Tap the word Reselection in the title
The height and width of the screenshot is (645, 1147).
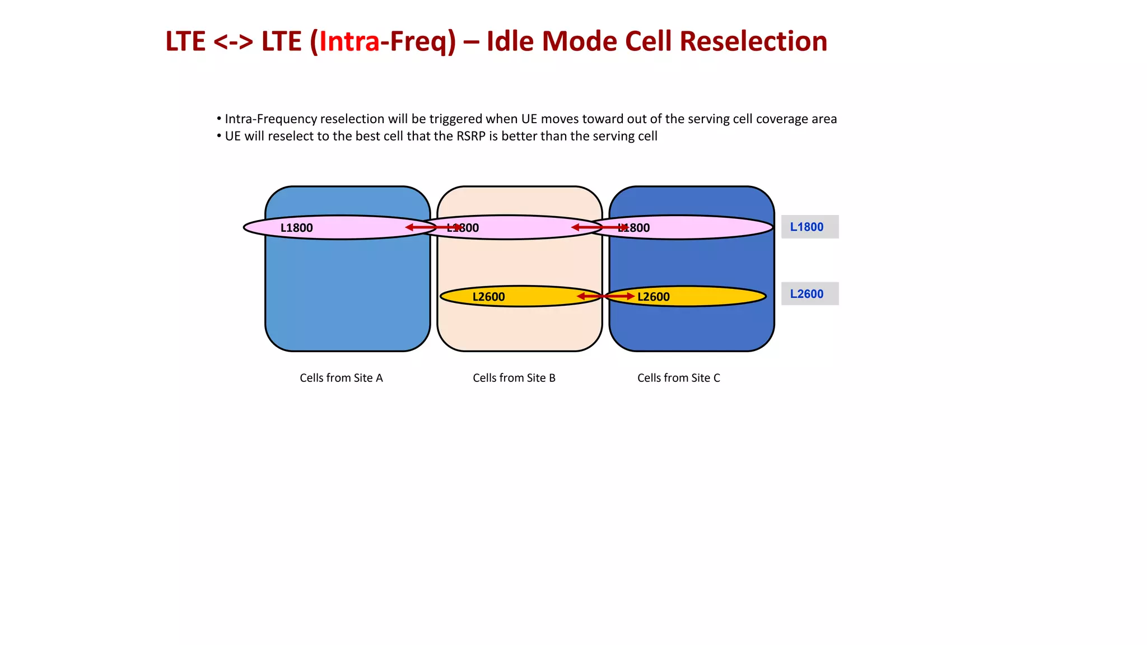click(x=753, y=42)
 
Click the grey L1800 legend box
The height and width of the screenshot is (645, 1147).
click(x=809, y=227)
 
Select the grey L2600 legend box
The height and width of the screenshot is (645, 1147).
click(x=809, y=293)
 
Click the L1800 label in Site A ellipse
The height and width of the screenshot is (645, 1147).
click(x=296, y=228)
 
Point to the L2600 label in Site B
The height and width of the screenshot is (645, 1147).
click(x=488, y=297)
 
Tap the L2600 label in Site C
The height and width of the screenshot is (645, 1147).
click(x=654, y=297)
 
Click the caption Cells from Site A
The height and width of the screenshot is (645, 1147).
click(x=341, y=378)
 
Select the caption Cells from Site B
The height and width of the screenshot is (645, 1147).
click(x=514, y=378)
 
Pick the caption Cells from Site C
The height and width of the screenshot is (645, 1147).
click(x=678, y=378)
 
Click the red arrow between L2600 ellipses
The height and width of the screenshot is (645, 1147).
click(x=605, y=296)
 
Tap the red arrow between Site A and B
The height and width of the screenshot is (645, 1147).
click(x=433, y=227)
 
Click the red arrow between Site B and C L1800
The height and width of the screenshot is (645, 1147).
click(x=599, y=227)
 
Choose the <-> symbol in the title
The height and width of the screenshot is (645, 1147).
click(x=233, y=42)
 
